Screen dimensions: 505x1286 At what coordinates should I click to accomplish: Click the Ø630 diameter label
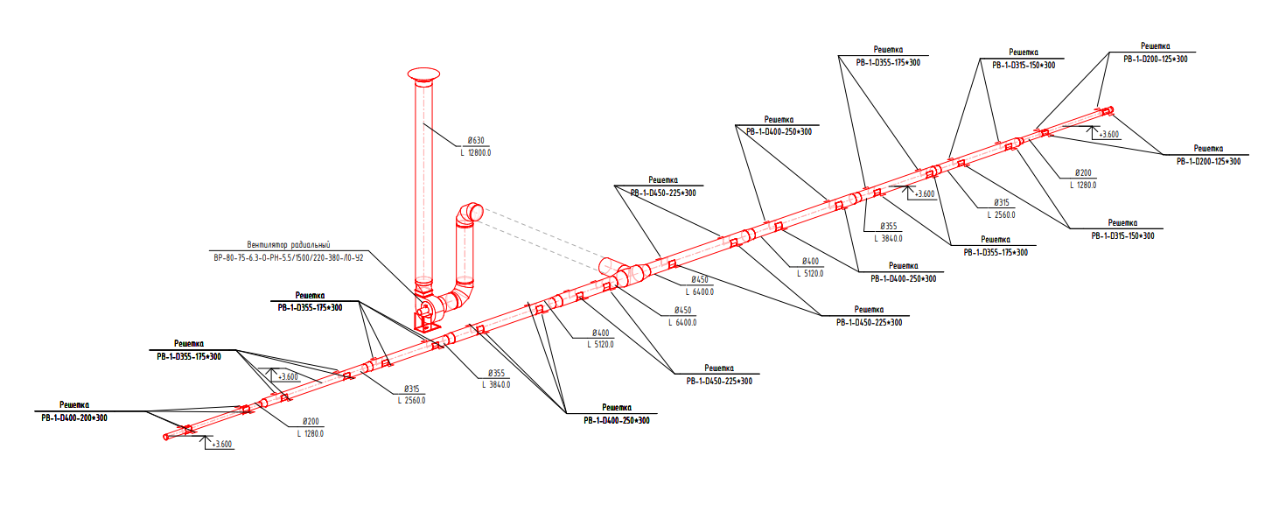477,140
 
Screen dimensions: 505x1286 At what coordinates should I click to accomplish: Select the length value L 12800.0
476,152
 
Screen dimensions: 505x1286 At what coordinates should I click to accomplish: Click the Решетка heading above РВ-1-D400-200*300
74,405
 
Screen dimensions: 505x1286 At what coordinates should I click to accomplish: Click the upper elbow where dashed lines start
470,214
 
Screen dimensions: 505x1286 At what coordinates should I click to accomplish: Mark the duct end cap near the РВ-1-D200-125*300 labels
1109,110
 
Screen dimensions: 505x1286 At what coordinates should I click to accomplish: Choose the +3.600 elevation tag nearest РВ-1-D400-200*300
222,444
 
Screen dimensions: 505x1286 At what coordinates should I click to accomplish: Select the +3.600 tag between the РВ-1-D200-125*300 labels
1107,134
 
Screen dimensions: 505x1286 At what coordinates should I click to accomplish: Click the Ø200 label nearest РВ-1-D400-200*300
311,421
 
